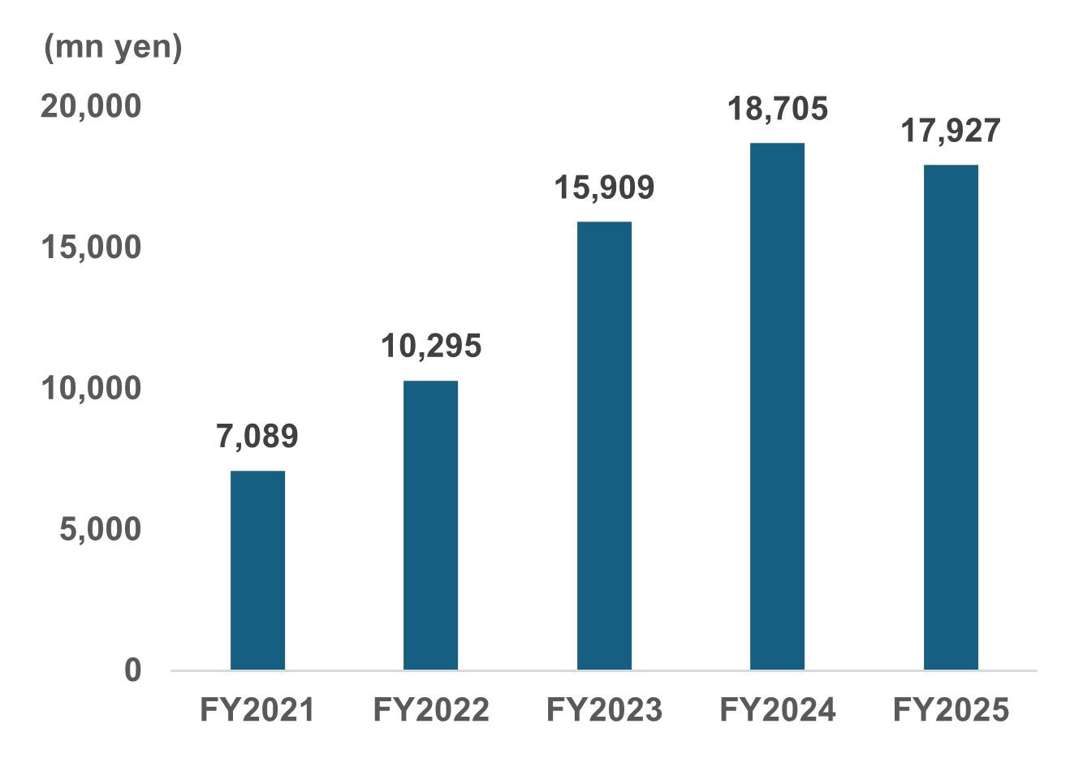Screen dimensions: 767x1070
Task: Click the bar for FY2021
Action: (x=257, y=570)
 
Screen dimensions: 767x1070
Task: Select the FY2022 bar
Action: (x=430, y=525)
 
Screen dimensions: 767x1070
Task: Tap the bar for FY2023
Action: (x=604, y=446)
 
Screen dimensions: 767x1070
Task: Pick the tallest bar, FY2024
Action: (x=777, y=406)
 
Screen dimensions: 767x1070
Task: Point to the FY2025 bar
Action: (x=951, y=417)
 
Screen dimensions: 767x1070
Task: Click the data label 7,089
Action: (x=257, y=437)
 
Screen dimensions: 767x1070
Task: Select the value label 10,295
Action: (x=431, y=347)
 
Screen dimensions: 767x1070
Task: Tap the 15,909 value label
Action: (x=604, y=187)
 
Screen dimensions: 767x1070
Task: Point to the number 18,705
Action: (x=777, y=109)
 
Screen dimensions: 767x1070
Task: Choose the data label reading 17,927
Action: (x=951, y=131)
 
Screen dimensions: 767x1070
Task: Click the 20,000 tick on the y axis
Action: (x=91, y=106)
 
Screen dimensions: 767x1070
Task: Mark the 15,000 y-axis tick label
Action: (x=91, y=248)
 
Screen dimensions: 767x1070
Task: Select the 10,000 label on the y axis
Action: (x=91, y=389)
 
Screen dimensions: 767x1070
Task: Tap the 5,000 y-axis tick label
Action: (x=100, y=530)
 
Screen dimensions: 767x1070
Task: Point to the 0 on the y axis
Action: (x=132, y=670)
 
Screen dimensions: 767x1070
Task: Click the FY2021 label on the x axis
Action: (x=257, y=711)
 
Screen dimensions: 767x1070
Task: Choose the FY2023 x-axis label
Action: (x=604, y=711)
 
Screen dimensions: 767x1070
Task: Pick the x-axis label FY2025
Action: (x=951, y=711)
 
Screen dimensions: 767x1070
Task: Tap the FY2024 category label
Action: (x=777, y=711)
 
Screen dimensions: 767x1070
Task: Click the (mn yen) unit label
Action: (x=113, y=49)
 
